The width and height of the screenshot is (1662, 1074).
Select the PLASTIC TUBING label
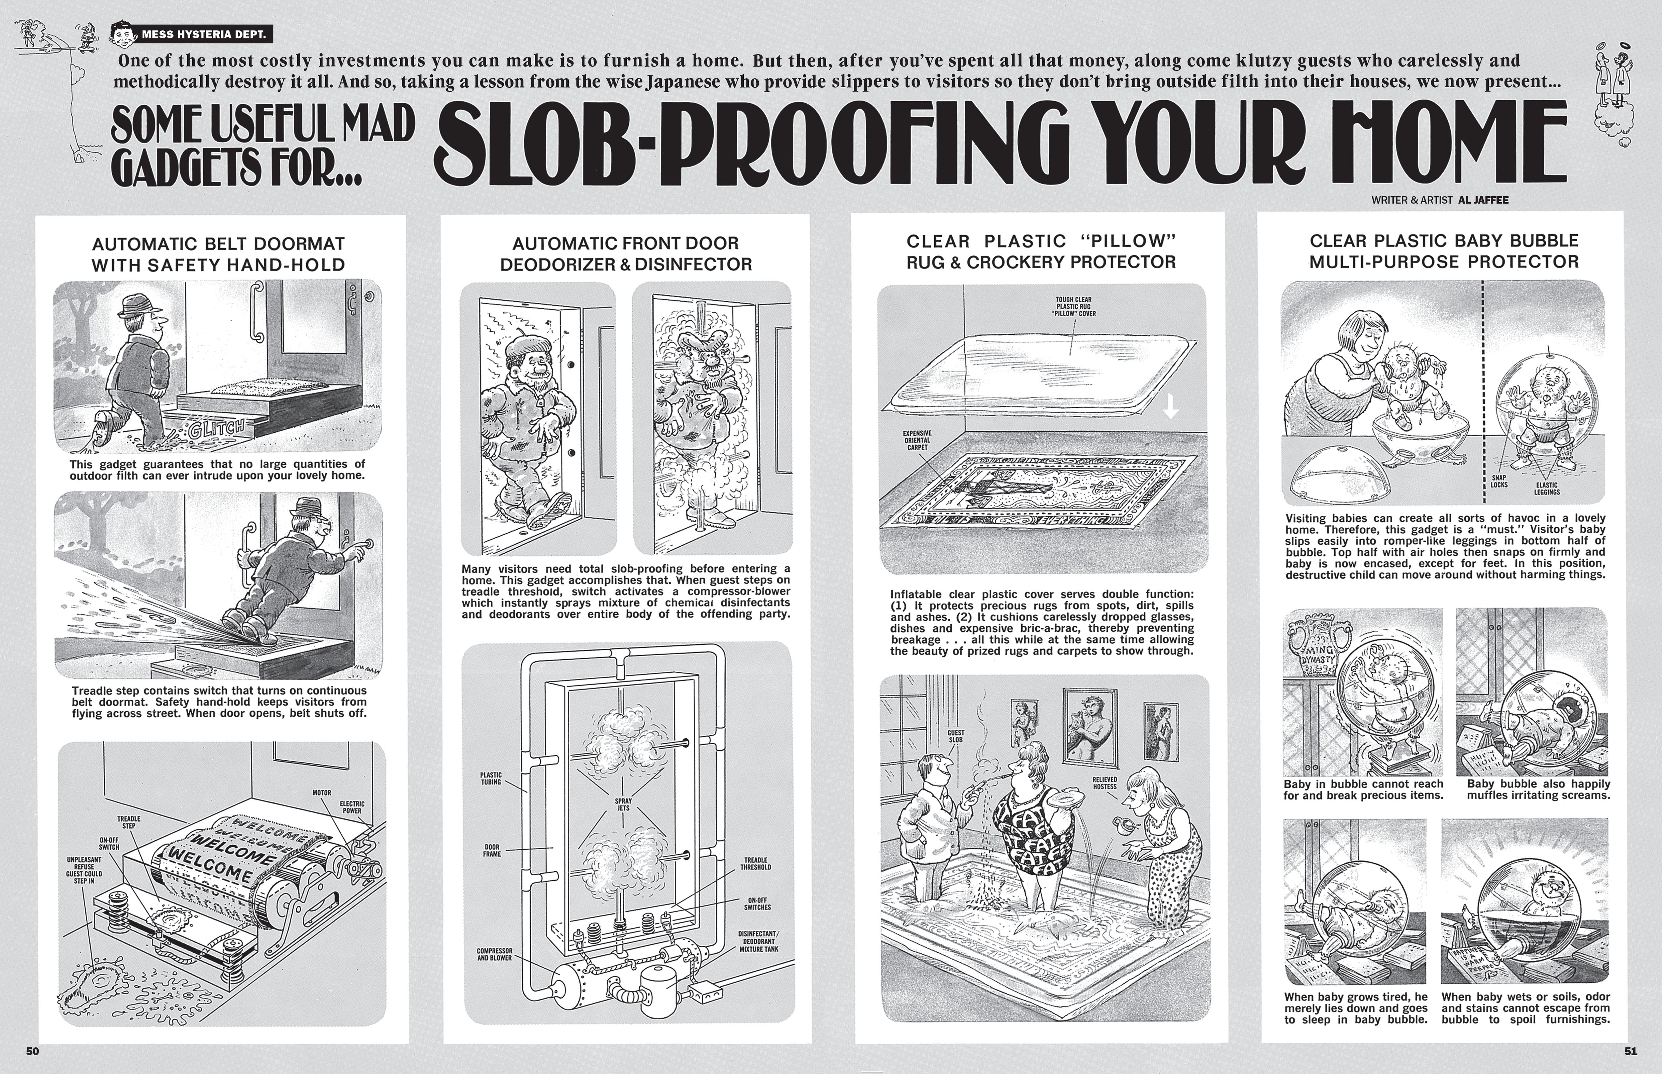(491, 778)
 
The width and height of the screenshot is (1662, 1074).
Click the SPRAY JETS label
(623, 805)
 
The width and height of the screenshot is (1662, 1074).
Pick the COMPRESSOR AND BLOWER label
(494, 954)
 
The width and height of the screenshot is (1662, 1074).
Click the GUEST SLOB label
(955, 736)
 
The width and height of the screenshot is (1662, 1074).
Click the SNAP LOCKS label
(1498, 481)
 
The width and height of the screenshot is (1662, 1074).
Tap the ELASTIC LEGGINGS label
(1546, 488)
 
